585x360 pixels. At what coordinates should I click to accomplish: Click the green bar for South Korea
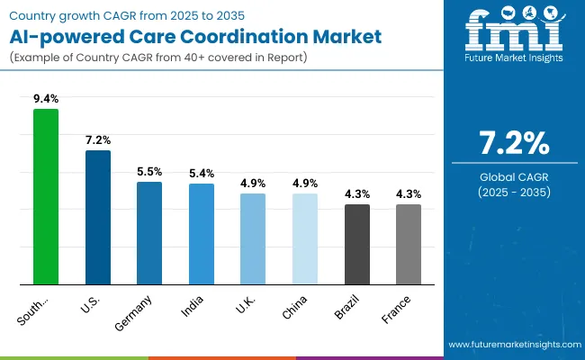click(x=46, y=196)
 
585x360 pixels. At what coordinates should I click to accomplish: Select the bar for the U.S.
click(x=98, y=217)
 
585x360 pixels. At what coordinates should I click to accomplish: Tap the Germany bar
click(x=149, y=233)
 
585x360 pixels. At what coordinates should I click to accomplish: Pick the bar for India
click(x=202, y=234)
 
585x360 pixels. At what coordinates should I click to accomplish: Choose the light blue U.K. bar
click(x=253, y=238)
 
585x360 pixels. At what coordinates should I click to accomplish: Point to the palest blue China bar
click(x=305, y=238)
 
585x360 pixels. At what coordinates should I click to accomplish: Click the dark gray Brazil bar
click(x=357, y=244)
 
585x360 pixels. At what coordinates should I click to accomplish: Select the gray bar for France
click(x=409, y=244)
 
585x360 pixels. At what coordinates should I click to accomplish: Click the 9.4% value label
click(x=46, y=98)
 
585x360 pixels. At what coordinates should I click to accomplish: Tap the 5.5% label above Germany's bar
click(x=149, y=171)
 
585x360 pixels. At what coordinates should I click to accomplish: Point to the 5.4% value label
click(x=202, y=173)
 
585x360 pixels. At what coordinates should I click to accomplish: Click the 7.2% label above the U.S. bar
click(x=98, y=139)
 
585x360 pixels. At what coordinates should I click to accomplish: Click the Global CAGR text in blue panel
click(x=514, y=175)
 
